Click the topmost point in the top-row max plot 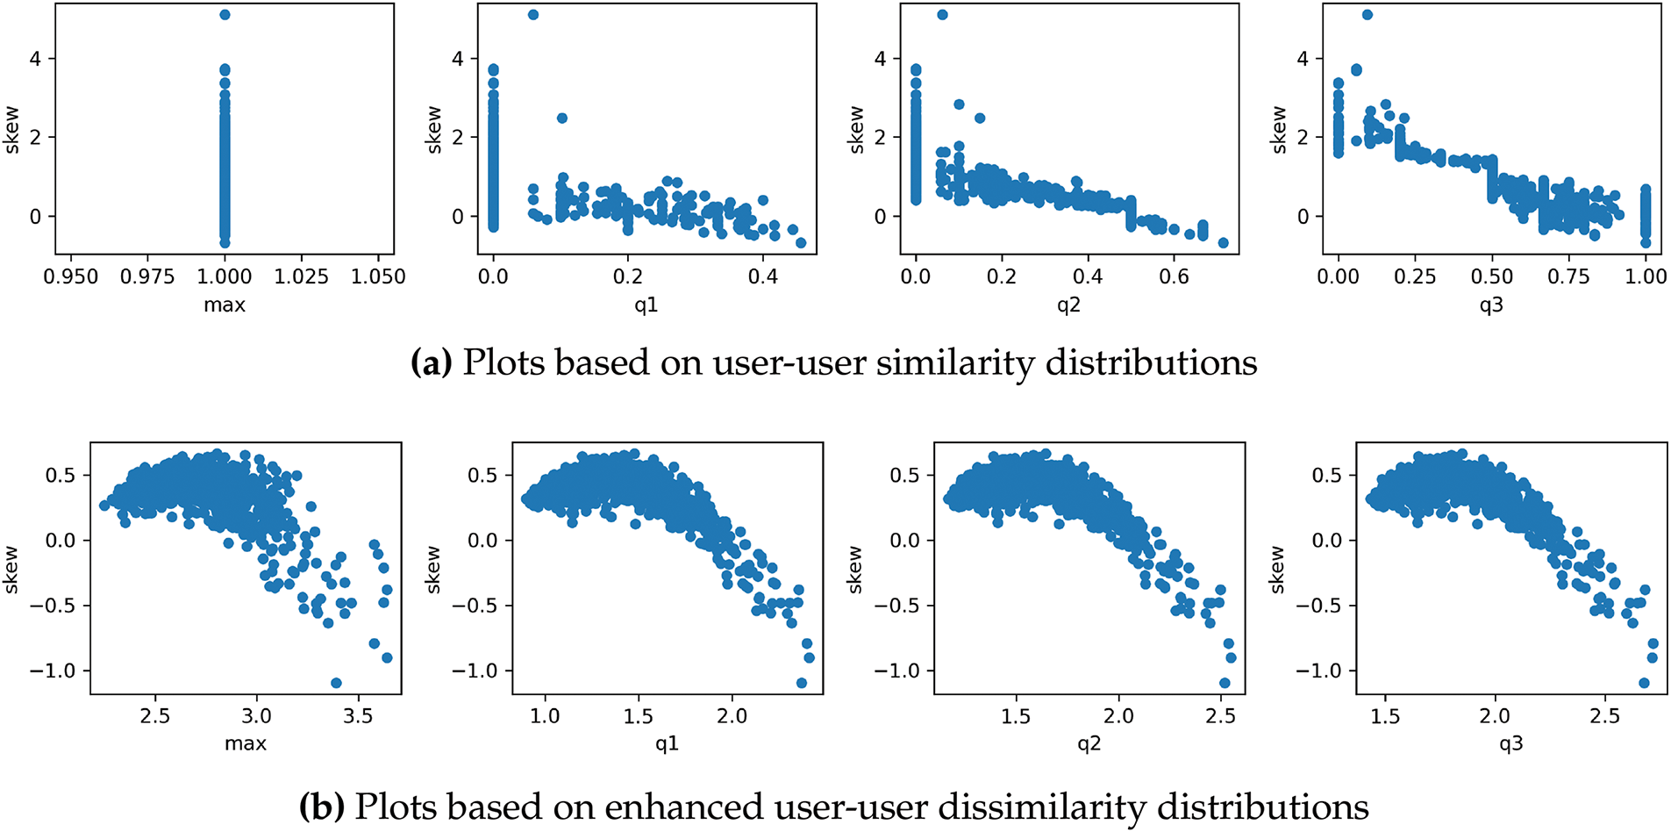click(x=225, y=15)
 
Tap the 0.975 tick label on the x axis click(x=147, y=276)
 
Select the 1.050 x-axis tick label click(x=378, y=276)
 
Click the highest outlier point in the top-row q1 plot click(x=533, y=15)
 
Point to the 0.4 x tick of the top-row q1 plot click(x=762, y=276)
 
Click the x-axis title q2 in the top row click(x=1068, y=305)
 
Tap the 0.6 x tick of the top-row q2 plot click(x=1174, y=276)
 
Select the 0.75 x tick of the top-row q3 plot click(x=1568, y=276)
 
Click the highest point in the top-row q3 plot click(x=1367, y=15)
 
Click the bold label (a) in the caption click(x=431, y=362)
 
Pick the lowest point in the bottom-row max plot click(x=336, y=683)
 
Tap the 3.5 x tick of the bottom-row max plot click(x=358, y=716)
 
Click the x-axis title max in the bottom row click(x=246, y=744)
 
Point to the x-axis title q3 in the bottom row click(x=1510, y=744)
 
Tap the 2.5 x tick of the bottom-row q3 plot click(x=1604, y=716)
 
